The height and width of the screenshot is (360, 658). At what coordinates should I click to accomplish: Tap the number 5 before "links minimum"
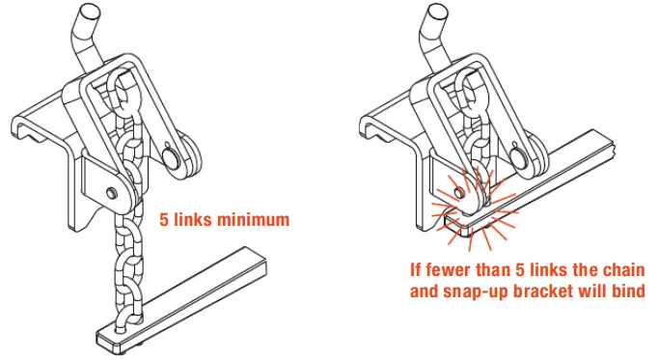[x=165, y=219]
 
